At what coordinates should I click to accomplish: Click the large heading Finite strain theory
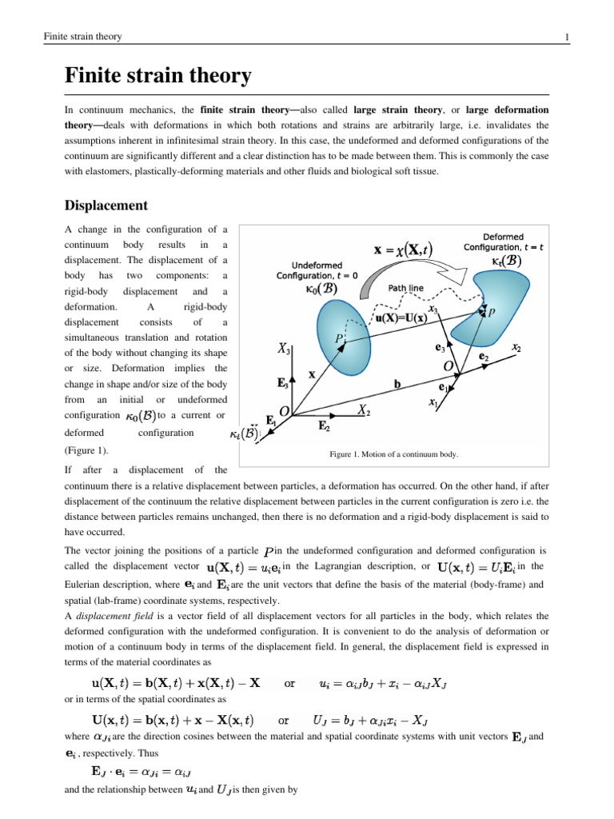tap(157, 77)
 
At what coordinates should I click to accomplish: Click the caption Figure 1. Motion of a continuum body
tap(394, 454)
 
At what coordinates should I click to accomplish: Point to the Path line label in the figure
tap(406, 288)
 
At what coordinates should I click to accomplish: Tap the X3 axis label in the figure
tap(285, 350)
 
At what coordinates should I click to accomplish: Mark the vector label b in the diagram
tap(397, 383)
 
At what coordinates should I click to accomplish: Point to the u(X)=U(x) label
tap(413, 318)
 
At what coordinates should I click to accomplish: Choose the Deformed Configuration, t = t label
tap(503, 242)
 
